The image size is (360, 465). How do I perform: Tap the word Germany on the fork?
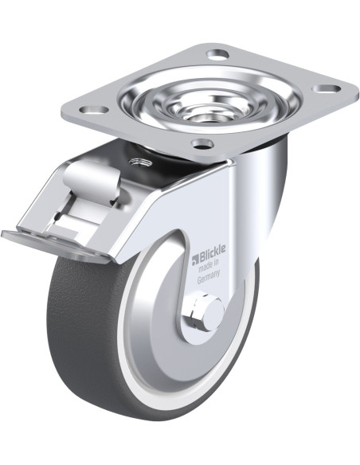tap(209, 276)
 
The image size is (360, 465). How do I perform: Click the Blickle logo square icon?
tap(195, 260)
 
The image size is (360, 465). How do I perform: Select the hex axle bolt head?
tap(197, 313)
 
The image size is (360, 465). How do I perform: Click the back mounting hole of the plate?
tap(217, 54)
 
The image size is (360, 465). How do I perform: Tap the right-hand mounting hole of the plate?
tap(327, 88)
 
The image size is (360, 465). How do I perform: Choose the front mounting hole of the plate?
tap(202, 144)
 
